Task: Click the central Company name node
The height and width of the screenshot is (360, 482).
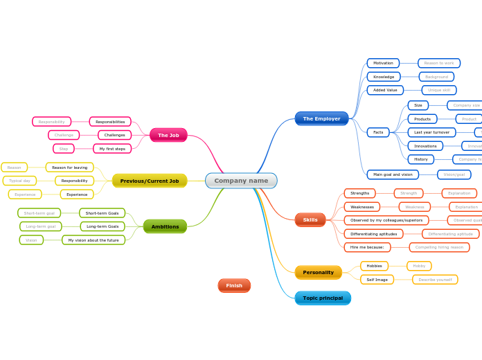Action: (241, 181)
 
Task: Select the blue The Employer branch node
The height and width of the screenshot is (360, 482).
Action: (321, 118)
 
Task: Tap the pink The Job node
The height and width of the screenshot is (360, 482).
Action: (168, 135)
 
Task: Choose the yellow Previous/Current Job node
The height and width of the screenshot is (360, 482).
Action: (150, 181)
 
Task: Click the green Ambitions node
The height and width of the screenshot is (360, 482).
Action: (165, 226)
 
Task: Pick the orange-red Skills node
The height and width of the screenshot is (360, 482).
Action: (310, 219)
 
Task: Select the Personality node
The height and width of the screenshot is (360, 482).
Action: (318, 272)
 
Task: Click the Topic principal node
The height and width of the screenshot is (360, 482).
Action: (323, 298)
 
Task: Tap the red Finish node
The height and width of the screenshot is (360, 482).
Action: (234, 285)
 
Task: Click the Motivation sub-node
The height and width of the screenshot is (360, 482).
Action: (383, 63)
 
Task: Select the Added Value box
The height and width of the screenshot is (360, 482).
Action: (385, 90)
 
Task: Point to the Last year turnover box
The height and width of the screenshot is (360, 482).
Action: (431, 132)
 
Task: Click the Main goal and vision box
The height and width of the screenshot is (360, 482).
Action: (393, 174)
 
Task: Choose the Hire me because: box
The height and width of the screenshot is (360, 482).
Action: (367, 247)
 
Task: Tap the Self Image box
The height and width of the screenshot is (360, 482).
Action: (377, 280)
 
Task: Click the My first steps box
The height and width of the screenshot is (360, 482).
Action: (112, 148)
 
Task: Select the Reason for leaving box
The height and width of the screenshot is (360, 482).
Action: (69, 168)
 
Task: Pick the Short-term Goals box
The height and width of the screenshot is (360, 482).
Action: (102, 213)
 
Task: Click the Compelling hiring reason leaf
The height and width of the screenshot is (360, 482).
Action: (439, 247)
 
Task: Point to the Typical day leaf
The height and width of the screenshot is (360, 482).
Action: (19, 181)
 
